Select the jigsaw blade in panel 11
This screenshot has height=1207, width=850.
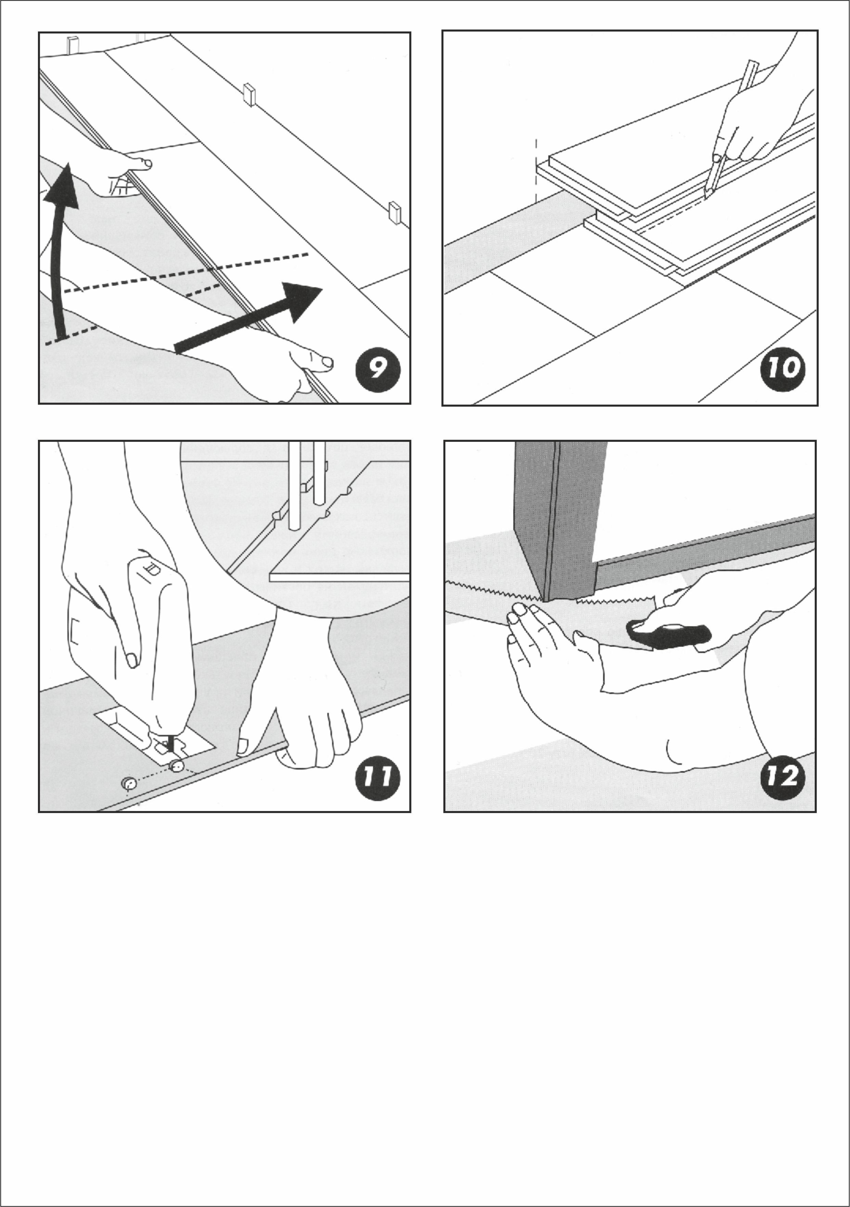click(169, 743)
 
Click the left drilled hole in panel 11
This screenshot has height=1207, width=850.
click(128, 784)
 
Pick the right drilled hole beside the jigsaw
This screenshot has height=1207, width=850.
click(176, 767)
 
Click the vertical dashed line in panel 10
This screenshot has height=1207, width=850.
click(536, 171)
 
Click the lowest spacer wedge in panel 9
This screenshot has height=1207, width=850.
click(394, 212)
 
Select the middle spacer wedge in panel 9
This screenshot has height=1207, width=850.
click(249, 95)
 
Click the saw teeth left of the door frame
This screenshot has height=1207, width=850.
click(492, 590)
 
